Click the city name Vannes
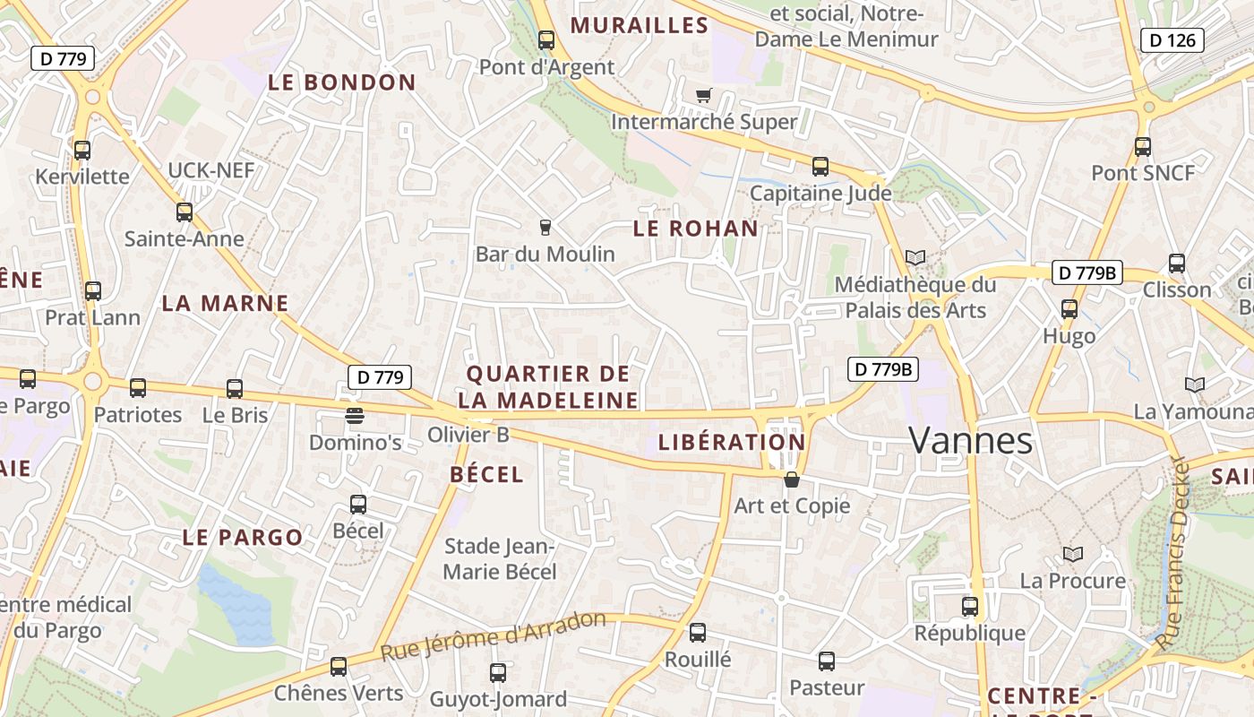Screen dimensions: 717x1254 (x=971, y=441)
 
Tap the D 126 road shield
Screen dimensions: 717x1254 (x=1172, y=40)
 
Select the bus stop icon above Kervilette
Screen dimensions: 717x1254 (x=82, y=150)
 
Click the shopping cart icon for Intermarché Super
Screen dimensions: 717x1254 (x=704, y=95)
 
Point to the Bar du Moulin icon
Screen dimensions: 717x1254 (x=545, y=228)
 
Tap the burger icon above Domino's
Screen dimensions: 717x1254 (x=355, y=415)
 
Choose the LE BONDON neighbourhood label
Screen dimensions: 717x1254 (x=342, y=83)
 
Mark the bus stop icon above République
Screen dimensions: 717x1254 (x=969, y=607)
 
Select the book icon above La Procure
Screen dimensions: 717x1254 (x=1072, y=555)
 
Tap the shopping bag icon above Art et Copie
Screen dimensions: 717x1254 (x=792, y=479)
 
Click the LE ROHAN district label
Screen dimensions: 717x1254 (x=696, y=229)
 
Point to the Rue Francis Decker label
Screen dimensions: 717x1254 (x=1182, y=554)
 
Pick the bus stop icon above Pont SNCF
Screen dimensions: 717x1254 (x=1142, y=147)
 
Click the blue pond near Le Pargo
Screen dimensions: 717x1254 (x=235, y=606)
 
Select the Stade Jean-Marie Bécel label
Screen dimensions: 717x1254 (x=501, y=558)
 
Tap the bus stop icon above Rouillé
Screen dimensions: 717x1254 (x=698, y=633)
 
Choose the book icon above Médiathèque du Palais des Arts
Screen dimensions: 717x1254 (x=915, y=258)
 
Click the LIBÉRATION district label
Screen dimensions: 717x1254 (x=732, y=442)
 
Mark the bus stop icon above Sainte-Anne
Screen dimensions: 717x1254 (x=185, y=212)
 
